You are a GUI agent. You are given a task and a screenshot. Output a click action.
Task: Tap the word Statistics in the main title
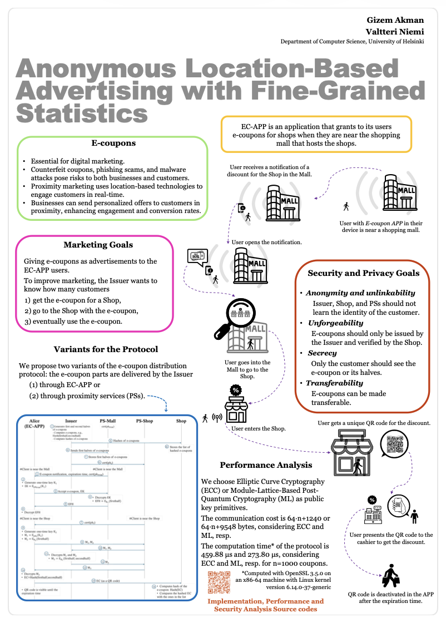pos(82,113)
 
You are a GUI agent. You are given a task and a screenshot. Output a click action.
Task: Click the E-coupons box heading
pos(113,144)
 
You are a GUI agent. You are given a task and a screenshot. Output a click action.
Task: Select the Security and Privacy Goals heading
pos(364,273)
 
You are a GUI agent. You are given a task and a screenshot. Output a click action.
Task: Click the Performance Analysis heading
pos(266,465)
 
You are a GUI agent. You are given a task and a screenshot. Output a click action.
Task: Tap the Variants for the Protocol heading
pos(106,349)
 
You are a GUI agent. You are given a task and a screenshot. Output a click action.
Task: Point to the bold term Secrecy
pos(323,353)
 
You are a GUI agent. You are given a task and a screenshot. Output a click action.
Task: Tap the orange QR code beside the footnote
pos(219,582)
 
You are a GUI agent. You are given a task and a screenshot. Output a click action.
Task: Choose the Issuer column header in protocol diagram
pos(71,421)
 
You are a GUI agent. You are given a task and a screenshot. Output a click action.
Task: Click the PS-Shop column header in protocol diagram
pos(145,421)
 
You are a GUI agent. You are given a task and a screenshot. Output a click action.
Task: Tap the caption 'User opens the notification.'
pos(266,243)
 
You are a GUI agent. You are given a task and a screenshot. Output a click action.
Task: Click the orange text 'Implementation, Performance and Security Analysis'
pos(265,605)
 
